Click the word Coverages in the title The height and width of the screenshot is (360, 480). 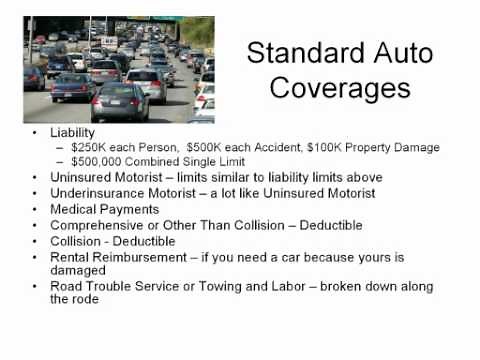[x=329, y=89]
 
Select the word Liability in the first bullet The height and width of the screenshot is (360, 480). [x=71, y=132]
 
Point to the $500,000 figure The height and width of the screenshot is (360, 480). [x=97, y=162]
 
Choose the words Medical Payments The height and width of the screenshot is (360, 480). [x=104, y=209]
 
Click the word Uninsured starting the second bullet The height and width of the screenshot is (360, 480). [x=81, y=178]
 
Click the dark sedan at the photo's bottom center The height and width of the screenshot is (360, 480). [x=119, y=100]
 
